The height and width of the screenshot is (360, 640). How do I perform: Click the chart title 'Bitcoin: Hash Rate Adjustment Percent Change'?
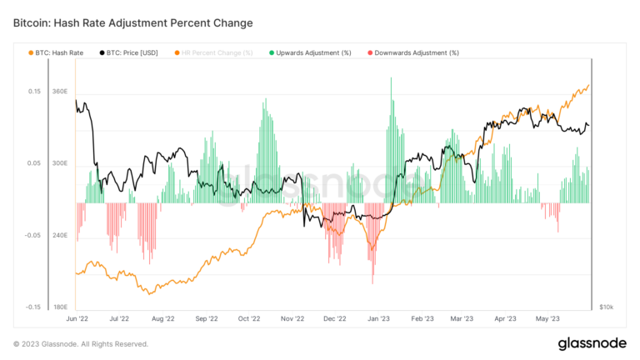(x=133, y=22)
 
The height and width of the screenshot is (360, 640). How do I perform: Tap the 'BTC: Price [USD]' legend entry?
(x=130, y=52)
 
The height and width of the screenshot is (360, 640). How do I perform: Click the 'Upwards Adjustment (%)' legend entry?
(x=308, y=52)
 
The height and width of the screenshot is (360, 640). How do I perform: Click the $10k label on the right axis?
(x=607, y=307)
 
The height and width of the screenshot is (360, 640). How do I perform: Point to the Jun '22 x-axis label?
(x=77, y=317)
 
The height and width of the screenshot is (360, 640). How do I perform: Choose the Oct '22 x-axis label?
(x=249, y=317)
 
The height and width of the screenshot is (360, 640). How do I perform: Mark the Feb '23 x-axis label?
(x=422, y=317)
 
